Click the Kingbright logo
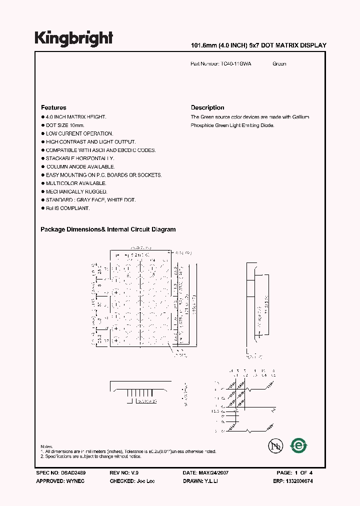(73, 38)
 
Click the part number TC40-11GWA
(235, 64)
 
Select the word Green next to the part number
(279, 64)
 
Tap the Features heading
(53, 107)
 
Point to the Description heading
(207, 107)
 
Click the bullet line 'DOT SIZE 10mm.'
(65, 125)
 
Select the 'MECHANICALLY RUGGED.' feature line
(76, 191)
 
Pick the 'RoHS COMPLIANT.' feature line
(67, 208)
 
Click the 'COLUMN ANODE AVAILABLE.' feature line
(80, 166)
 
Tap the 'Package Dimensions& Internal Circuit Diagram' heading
(108, 229)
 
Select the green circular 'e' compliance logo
(298, 445)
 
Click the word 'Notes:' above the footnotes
(46, 446)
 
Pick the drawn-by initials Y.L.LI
(212, 481)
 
